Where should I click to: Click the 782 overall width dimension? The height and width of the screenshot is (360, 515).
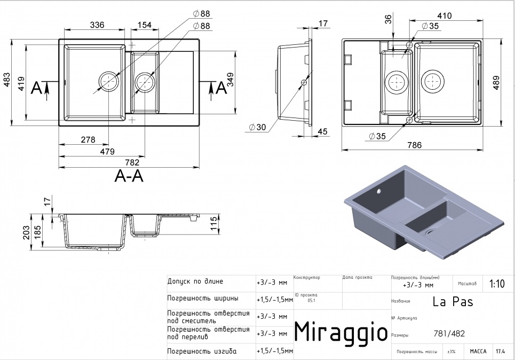click(x=132, y=162)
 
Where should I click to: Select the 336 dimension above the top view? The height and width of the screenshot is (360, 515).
click(x=97, y=25)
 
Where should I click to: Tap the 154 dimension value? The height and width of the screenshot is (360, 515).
click(x=145, y=25)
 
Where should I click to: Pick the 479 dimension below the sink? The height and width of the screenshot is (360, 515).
click(x=107, y=152)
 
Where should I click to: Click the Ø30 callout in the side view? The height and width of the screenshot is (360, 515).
click(x=257, y=127)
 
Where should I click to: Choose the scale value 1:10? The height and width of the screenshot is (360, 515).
click(x=496, y=284)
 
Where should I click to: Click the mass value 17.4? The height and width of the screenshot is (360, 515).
click(x=500, y=351)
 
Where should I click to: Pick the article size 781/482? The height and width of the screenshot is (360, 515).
click(x=449, y=334)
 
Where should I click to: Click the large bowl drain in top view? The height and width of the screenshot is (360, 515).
click(x=108, y=82)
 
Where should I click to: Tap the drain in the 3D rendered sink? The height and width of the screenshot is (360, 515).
click(x=430, y=233)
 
